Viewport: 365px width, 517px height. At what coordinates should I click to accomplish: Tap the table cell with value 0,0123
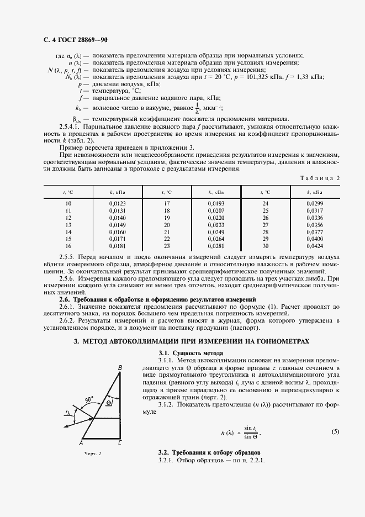pos(118,204)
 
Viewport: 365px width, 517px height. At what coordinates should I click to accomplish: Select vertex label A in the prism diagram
pos(81,443)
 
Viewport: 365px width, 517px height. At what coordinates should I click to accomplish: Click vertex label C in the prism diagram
pos(120,443)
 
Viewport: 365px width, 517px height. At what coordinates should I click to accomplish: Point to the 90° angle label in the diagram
pos(89,398)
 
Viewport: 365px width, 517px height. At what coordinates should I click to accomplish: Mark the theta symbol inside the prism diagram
pos(109,403)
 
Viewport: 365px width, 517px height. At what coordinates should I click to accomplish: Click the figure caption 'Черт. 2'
pos(93,453)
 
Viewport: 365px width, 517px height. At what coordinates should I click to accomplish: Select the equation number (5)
pos(335,431)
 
